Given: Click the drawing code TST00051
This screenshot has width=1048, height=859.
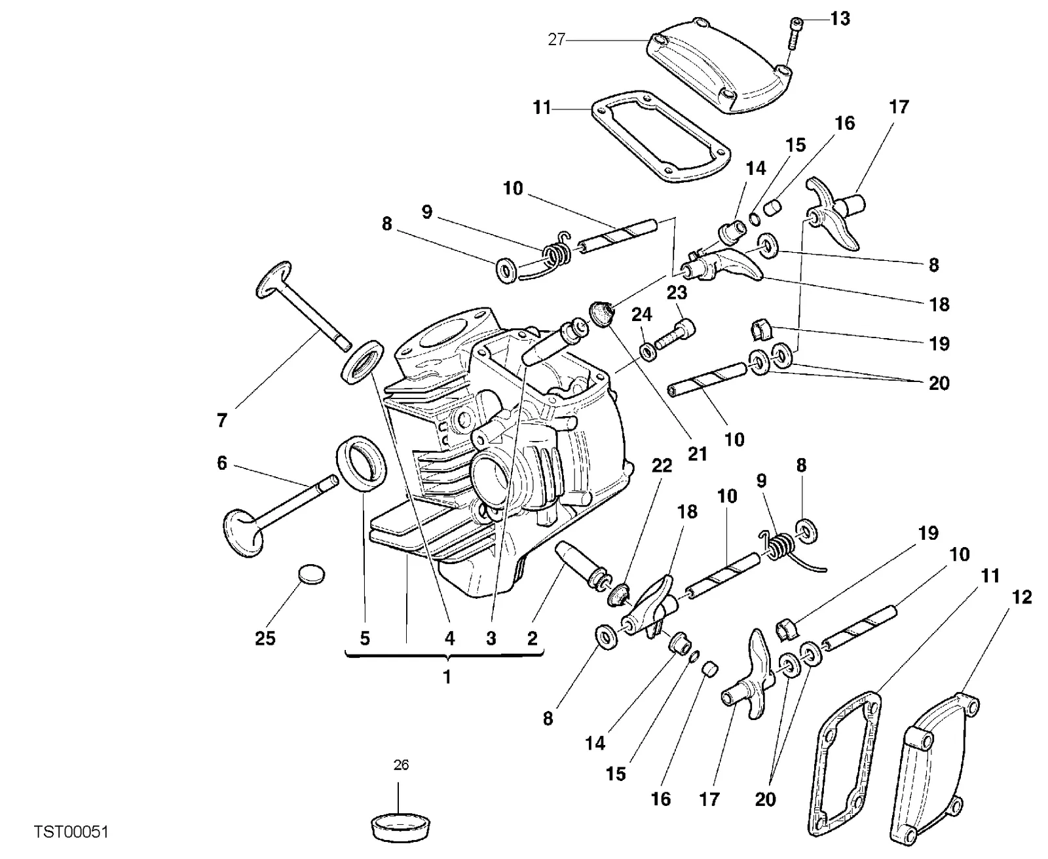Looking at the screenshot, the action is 71,831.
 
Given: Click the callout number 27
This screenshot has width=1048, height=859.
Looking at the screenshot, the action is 557,39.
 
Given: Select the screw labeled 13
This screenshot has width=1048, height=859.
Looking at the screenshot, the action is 793,33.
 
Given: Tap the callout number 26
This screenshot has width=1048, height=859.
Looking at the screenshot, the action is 401,765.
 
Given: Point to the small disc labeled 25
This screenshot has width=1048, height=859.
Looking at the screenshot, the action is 312,574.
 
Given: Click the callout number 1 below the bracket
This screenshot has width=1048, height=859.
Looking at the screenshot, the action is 447,677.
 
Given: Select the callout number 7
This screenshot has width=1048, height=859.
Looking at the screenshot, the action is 222,421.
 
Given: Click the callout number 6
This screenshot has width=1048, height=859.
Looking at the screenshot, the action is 222,463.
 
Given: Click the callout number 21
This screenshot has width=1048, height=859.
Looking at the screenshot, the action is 697,453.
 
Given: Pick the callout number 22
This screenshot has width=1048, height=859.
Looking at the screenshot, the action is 662,466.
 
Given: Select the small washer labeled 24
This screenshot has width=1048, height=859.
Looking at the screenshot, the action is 647,352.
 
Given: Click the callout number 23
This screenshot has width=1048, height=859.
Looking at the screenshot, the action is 677,293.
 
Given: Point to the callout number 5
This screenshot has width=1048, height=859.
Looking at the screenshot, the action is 365,638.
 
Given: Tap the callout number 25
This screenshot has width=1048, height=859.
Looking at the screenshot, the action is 265,638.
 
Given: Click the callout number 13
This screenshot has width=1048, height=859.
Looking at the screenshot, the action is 840,19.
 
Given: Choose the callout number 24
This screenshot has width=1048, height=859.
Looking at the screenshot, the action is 641,315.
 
